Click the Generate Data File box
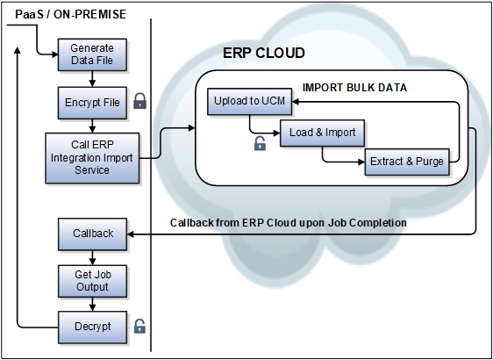tap(92, 55)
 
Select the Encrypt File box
tap(92, 103)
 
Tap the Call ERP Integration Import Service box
tap(92, 157)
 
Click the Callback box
tap(92, 234)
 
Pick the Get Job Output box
tap(92, 281)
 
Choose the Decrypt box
tap(92, 327)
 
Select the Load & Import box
tap(322, 133)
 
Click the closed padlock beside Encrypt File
tap(139, 102)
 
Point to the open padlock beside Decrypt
tap(139, 327)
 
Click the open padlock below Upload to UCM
tap(260, 143)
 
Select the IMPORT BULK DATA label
tap(354, 88)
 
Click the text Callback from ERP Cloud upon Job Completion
tap(288, 223)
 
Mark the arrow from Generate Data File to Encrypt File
tap(92, 79)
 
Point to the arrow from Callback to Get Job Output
tap(92, 257)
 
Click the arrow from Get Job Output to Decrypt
tap(92, 304)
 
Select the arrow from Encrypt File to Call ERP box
tap(92, 125)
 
